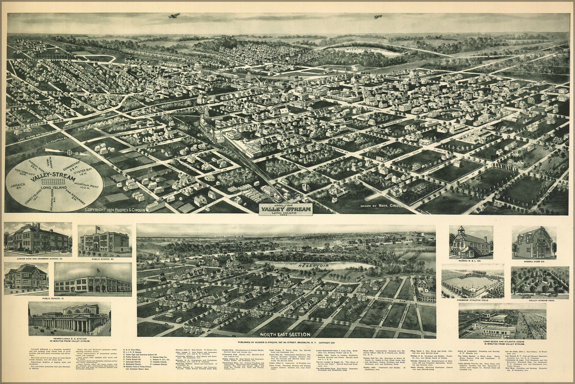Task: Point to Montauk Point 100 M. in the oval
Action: click(87, 188)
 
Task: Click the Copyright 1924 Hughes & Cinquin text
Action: click(121, 210)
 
